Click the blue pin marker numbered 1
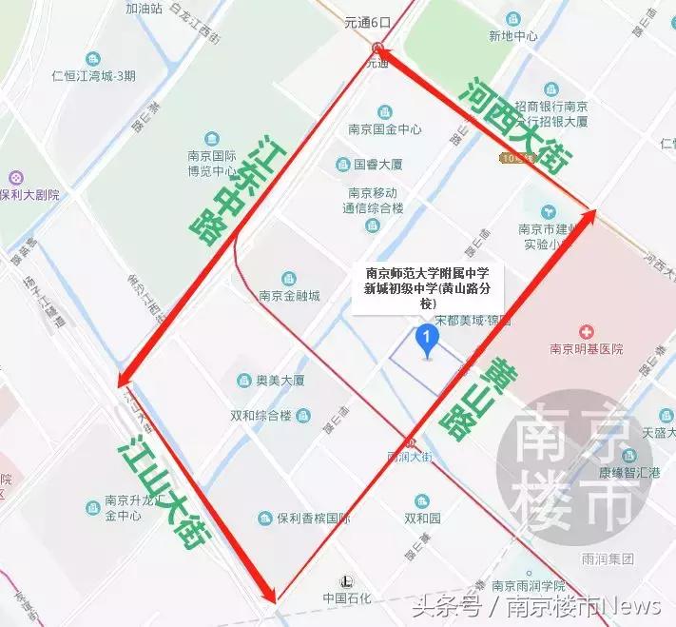click(x=428, y=340)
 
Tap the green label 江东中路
click(x=229, y=190)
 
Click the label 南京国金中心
click(x=384, y=129)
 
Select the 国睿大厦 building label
click(x=372, y=164)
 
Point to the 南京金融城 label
click(x=289, y=295)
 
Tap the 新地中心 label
click(x=512, y=36)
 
